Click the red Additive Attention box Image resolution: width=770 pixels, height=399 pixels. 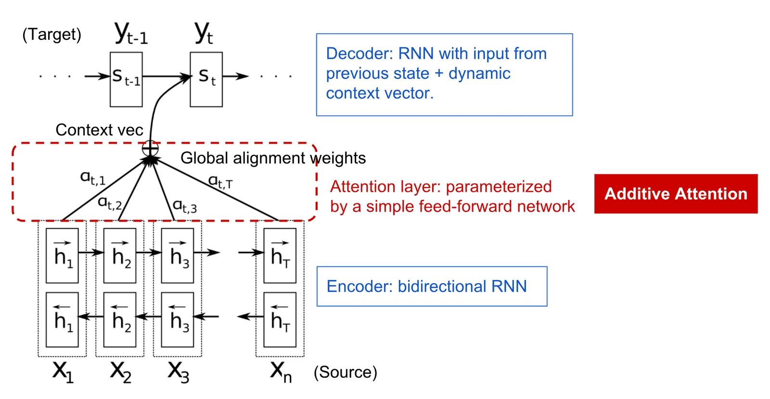(676, 194)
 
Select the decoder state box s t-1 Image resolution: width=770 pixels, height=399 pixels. (126, 79)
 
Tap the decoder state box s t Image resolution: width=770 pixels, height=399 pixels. (206, 79)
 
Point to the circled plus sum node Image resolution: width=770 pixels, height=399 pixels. (150, 149)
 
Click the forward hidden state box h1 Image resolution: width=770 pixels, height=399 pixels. (62, 256)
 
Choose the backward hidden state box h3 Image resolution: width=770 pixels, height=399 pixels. (178, 320)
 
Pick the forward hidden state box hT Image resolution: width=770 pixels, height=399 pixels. (280, 256)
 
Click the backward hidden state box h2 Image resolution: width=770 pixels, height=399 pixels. (120, 320)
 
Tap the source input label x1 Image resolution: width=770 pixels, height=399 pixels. (63, 372)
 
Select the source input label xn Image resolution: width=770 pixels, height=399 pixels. (281, 372)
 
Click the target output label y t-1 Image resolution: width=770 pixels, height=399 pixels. (131, 33)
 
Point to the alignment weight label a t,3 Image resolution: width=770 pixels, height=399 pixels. (185, 206)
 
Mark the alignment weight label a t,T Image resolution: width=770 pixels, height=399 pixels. (220, 181)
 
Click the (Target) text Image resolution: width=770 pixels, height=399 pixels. (52, 35)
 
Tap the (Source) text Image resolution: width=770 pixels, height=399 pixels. (346, 372)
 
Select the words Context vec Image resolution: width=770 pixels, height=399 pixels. (99, 130)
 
